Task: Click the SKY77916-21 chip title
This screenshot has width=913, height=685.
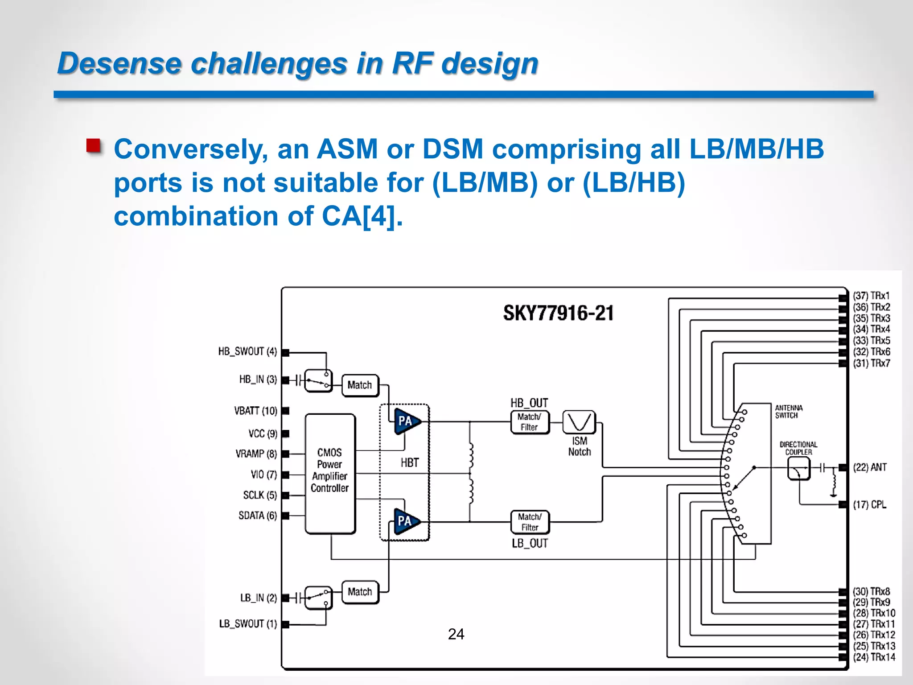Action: click(x=558, y=313)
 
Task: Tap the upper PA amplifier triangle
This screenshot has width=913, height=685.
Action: click(x=405, y=421)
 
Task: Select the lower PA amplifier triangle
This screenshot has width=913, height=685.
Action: click(x=405, y=521)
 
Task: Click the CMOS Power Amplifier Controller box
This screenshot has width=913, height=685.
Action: click(x=330, y=473)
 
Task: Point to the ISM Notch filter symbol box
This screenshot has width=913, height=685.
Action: click(x=579, y=422)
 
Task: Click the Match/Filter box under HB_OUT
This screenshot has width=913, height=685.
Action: click(x=530, y=422)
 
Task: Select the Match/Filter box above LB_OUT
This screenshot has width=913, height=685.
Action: click(x=530, y=522)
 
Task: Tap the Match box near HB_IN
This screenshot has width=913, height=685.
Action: click(x=360, y=385)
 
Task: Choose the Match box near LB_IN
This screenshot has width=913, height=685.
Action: click(x=360, y=592)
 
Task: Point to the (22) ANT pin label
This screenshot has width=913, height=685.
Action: click(x=869, y=467)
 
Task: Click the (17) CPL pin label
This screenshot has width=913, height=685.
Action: click(x=869, y=504)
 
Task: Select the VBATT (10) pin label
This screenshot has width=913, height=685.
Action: click(x=255, y=411)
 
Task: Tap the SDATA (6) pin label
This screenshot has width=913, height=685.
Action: click(x=258, y=516)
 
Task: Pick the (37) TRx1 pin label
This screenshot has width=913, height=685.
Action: click(x=871, y=296)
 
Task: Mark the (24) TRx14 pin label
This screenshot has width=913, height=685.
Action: click(x=874, y=657)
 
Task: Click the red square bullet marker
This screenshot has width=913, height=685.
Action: click(x=93, y=146)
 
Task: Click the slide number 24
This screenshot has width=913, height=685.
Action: click(x=456, y=634)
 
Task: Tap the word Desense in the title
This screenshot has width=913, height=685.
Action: click(x=119, y=63)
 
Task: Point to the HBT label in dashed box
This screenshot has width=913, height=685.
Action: click(x=409, y=463)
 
